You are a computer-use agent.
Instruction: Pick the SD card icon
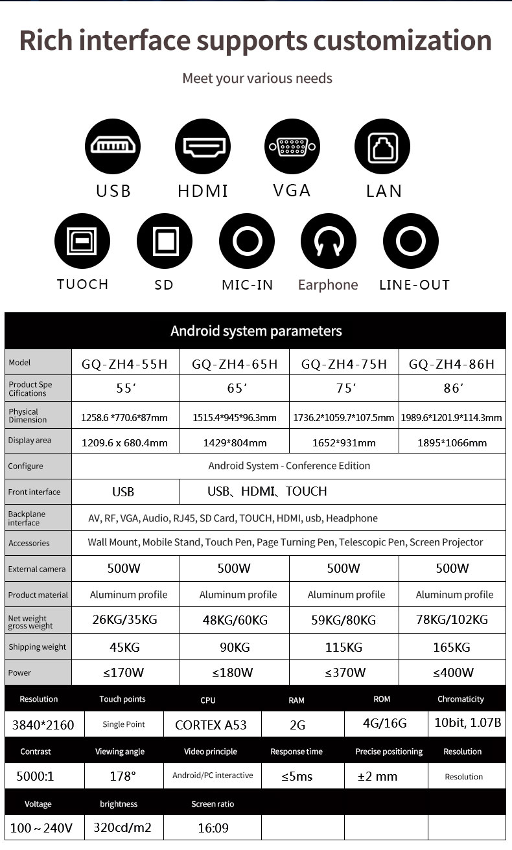[164, 242]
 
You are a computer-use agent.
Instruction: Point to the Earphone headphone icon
[328, 242]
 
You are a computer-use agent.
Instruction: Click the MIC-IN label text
[247, 284]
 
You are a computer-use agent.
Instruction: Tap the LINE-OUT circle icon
[410, 242]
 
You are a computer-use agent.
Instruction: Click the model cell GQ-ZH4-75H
[344, 364]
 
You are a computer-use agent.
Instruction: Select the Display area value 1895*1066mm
[452, 442]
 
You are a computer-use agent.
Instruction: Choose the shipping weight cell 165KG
[452, 647]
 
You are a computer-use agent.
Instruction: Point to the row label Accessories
[29, 544]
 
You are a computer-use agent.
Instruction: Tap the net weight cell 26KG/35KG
[125, 620]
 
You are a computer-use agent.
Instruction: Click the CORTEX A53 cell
[211, 725]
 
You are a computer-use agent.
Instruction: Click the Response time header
[296, 752]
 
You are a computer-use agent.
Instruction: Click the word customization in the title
[402, 40]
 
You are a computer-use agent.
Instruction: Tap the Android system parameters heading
[255, 331]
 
